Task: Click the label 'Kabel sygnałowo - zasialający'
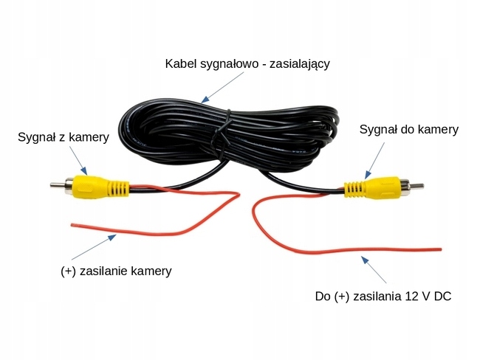[x=247, y=63]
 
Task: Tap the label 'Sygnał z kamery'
[x=64, y=136]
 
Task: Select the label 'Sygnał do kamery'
[x=408, y=129]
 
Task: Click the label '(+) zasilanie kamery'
[x=116, y=271]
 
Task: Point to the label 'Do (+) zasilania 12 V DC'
[x=383, y=297]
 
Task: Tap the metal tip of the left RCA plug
[x=56, y=184]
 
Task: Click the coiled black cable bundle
[x=229, y=136]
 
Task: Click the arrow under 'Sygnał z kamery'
[x=79, y=160]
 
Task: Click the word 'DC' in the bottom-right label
[x=442, y=297]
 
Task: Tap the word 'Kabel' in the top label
[x=181, y=63]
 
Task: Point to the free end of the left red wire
[x=71, y=223]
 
